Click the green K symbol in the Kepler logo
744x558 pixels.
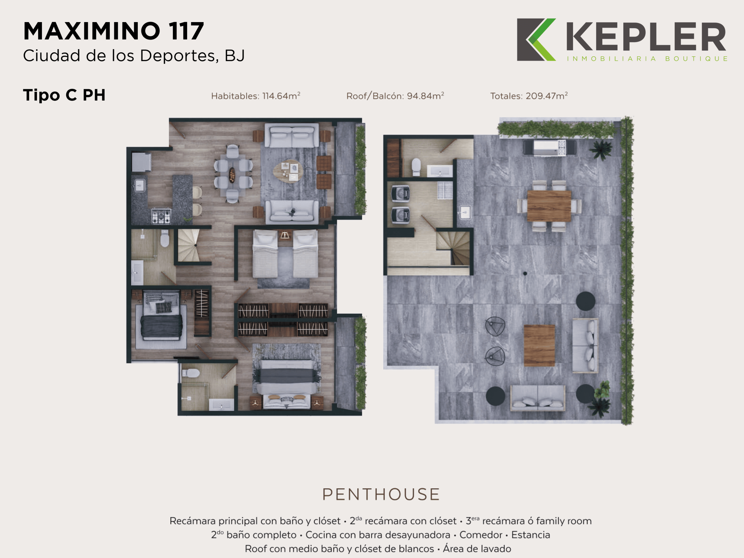[540, 40]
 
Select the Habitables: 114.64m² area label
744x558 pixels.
[256, 96]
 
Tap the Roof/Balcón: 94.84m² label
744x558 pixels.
[395, 96]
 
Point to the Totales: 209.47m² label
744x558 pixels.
[529, 96]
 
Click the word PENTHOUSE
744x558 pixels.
[381, 494]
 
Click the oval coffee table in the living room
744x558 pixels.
[288, 171]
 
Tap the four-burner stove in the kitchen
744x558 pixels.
[161, 216]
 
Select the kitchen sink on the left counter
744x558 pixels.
[139, 185]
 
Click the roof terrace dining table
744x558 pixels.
[549, 206]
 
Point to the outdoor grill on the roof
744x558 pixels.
[550, 148]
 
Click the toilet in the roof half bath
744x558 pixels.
[416, 167]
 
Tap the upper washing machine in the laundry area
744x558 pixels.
[400, 193]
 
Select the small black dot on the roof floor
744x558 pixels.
[525, 273]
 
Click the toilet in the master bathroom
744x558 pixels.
[191, 373]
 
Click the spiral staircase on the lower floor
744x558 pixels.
[188, 245]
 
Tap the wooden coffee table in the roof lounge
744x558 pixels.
[539, 346]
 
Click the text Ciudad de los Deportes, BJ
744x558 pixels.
[134, 56]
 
